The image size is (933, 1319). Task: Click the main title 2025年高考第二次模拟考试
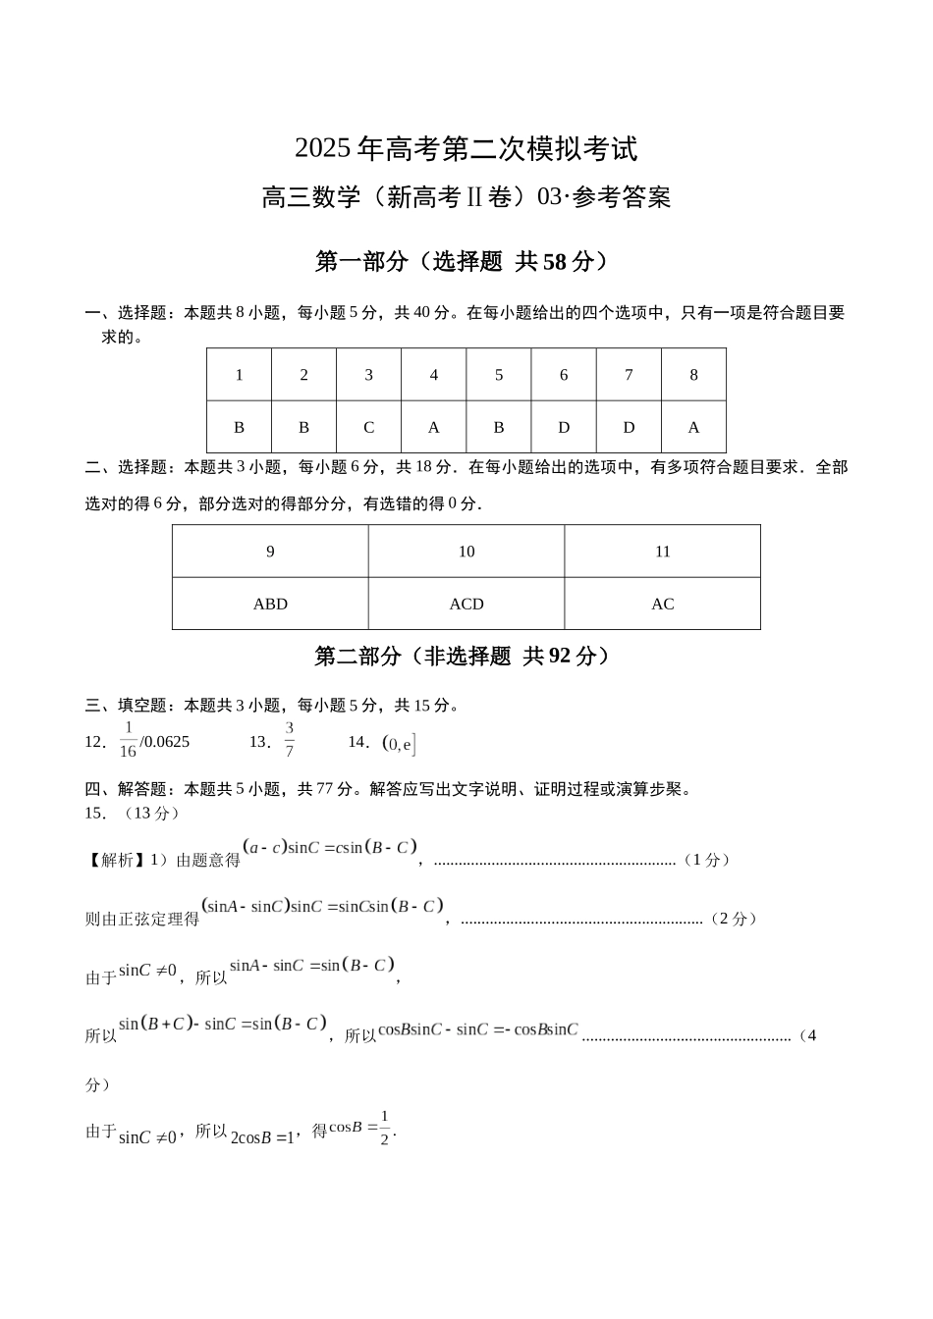coord(466,149)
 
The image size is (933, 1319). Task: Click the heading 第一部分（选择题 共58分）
coord(466,261)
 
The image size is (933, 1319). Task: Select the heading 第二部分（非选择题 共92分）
coord(466,656)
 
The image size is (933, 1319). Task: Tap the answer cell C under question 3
coord(368,427)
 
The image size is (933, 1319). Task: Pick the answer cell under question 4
coord(433,427)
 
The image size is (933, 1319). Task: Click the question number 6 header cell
coord(564,375)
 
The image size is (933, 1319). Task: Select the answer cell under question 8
coord(693,427)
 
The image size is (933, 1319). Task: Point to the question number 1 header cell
coord(239,375)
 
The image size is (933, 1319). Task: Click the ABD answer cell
coord(270,604)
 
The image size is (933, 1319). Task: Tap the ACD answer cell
coord(466,604)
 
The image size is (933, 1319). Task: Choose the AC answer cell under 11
coord(663,604)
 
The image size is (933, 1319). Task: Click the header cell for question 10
coord(466,552)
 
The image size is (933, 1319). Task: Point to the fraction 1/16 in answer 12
coord(128,740)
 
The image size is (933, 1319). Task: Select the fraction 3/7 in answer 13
coord(290,740)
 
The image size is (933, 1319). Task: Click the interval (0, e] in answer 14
coord(400,744)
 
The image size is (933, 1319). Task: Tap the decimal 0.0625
coord(167,742)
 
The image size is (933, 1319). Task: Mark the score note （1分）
coord(706,860)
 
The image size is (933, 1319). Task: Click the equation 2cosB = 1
coord(262,1137)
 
